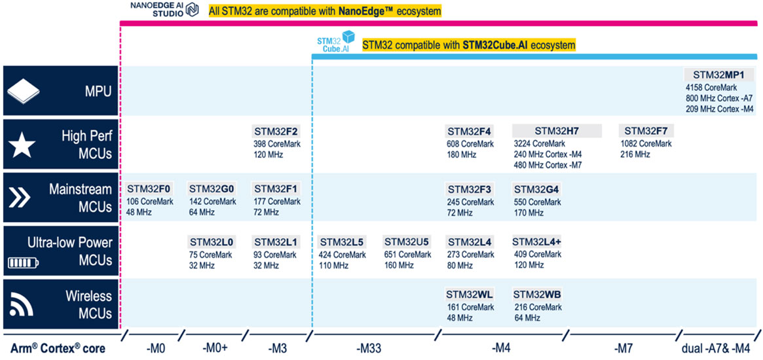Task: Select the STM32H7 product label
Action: [557, 131]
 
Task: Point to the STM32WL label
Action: [469, 295]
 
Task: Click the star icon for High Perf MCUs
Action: [24, 145]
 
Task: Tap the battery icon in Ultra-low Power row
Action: [24, 263]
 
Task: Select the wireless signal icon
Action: [24, 303]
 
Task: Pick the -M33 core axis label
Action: [369, 349]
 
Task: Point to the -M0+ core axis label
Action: [215, 349]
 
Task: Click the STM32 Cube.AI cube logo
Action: [348, 38]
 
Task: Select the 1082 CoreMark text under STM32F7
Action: [646, 143]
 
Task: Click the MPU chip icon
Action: [24, 91]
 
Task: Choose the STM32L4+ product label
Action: [536, 242]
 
